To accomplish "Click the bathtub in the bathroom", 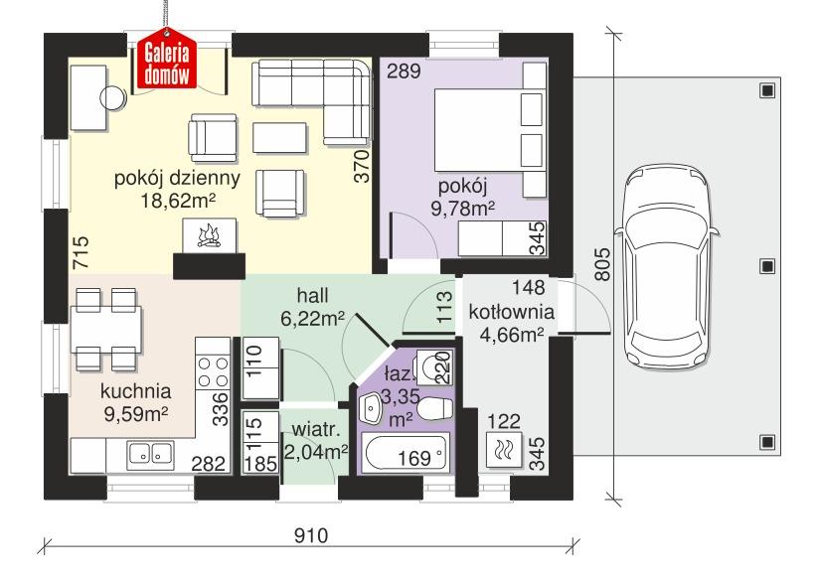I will pyautogui.click(x=402, y=458).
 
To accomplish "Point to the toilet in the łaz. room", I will pyautogui.click(x=433, y=409).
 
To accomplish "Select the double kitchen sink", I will pyautogui.click(x=150, y=455).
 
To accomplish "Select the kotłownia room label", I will pyautogui.click(x=512, y=313).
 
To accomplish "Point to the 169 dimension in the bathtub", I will pyautogui.click(x=414, y=459).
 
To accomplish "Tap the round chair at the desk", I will pyautogui.click(x=113, y=97).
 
